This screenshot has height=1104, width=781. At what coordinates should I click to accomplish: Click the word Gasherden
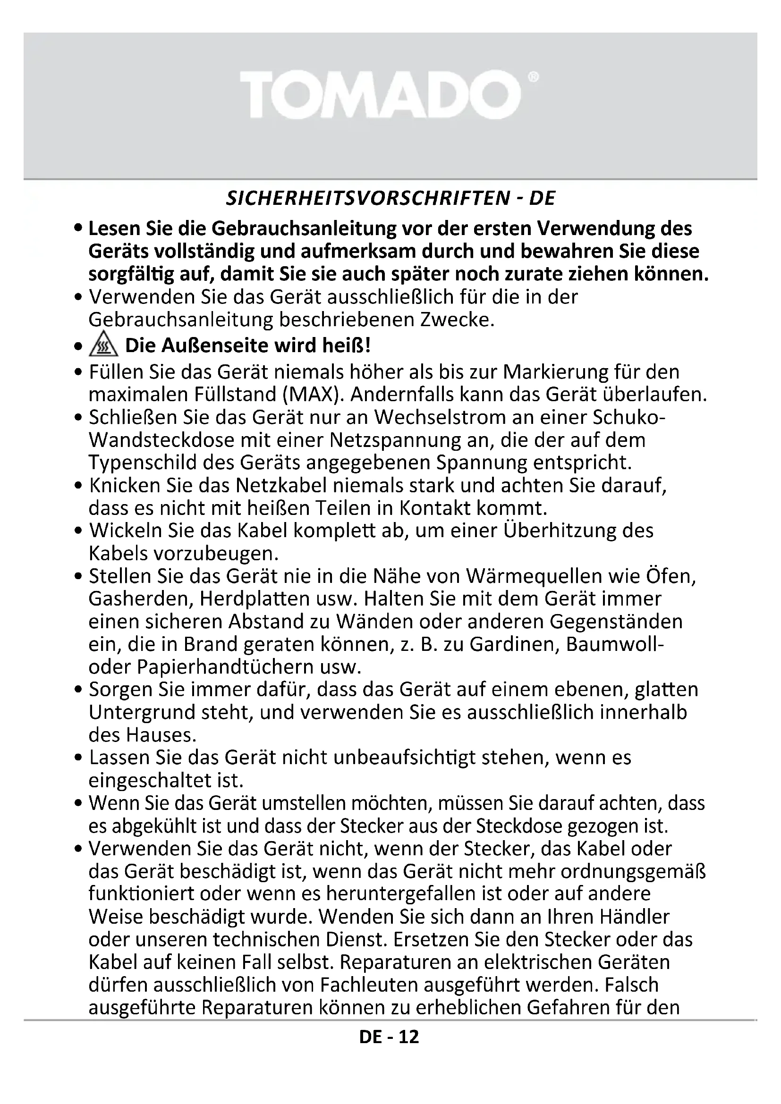click(x=140, y=599)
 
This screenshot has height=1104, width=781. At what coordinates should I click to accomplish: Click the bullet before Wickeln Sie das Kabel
click(x=79, y=532)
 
